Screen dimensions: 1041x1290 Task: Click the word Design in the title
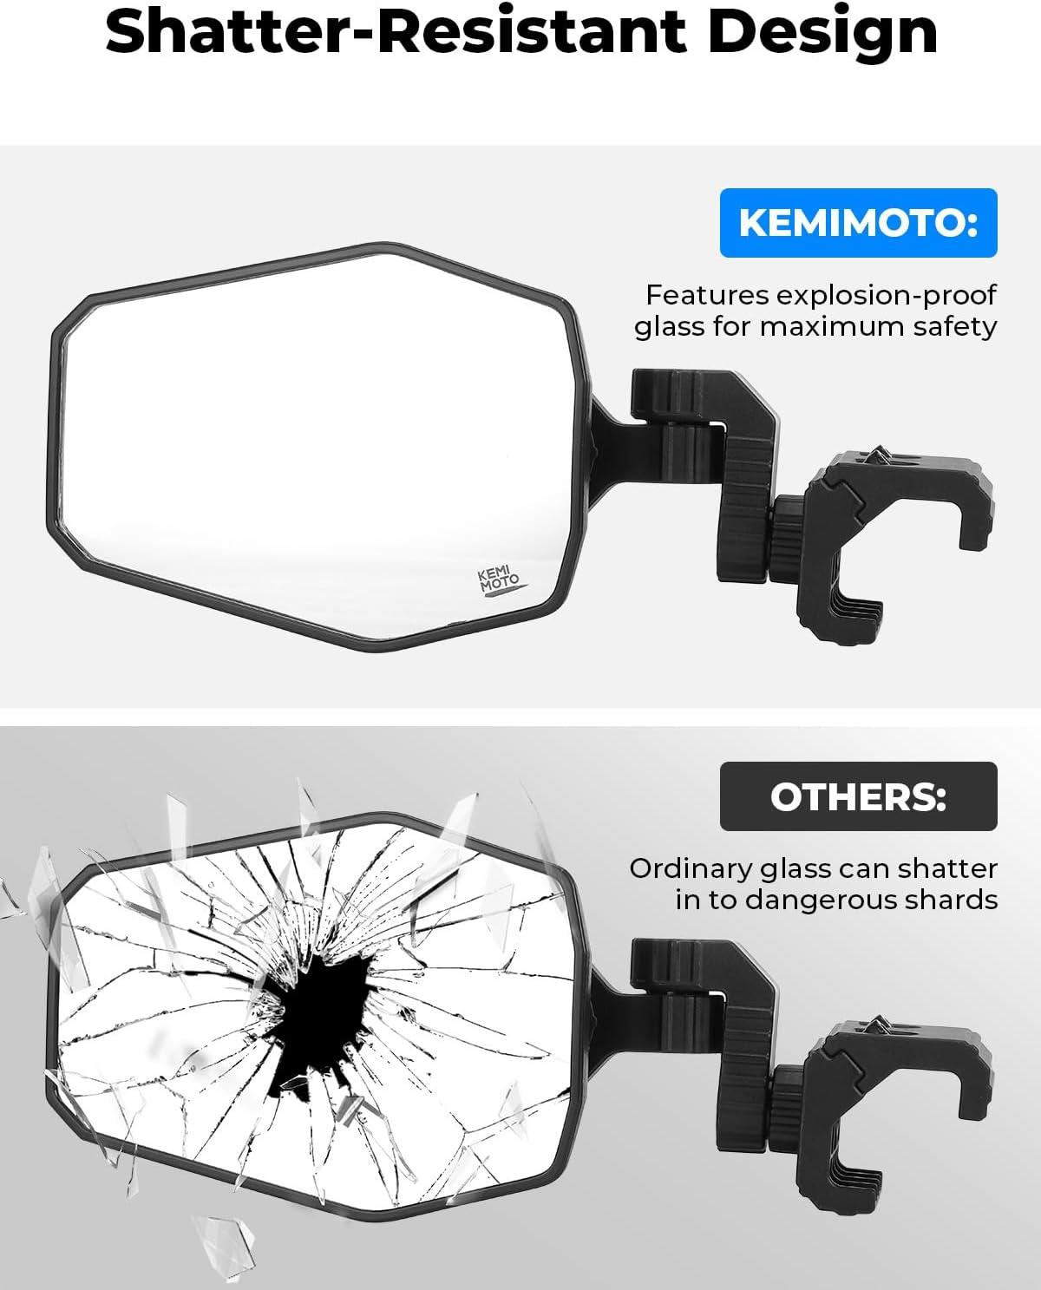click(x=822, y=34)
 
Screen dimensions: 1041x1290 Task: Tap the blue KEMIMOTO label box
click(x=858, y=222)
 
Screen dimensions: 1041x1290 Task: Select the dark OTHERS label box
click(x=858, y=796)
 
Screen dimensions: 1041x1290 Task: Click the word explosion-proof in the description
click(x=887, y=296)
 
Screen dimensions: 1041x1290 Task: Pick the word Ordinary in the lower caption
click(x=690, y=870)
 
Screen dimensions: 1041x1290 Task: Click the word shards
click(x=951, y=899)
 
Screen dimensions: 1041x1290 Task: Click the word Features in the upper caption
click(x=707, y=295)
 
